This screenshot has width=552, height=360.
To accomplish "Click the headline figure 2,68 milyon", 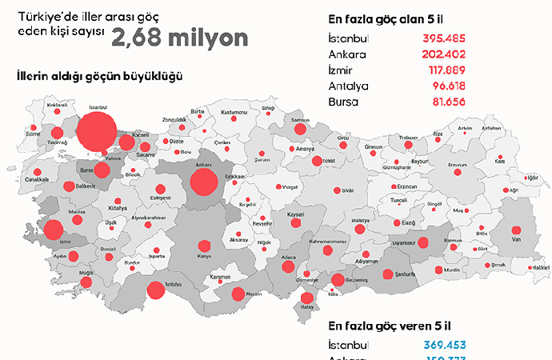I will point(179,38).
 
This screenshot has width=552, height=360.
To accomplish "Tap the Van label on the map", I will point(517,239).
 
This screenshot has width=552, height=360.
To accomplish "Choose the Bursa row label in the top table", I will point(345,102).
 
